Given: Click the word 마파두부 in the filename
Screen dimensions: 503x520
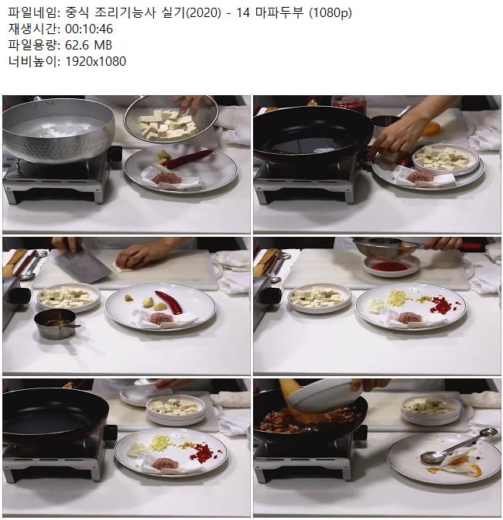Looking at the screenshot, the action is [x=279, y=12].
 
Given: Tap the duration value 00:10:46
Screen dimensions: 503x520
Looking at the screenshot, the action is [x=89, y=29].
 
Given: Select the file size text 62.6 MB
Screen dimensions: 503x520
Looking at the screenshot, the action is [x=88, y=45].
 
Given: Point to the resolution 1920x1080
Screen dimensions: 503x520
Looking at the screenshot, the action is [x=95, y=61].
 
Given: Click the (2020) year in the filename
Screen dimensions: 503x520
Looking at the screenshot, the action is [x=203, y=12].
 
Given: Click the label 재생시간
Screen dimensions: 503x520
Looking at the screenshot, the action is [x=32, y=29].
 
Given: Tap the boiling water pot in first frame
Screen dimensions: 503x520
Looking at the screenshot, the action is [x=58, y=130].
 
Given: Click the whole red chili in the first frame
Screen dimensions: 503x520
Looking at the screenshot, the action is [x=188, y=158].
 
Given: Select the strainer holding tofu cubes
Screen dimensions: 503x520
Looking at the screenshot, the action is [x=171, y=120].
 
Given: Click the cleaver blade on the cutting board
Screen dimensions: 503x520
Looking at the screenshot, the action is [x=84, y=265].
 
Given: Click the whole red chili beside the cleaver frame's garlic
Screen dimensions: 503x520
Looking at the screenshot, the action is [x=169, y=302].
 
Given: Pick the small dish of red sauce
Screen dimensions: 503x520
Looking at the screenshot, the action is [x=392, y=265].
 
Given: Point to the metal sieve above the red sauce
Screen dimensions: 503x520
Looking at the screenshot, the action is [x=387, y=247].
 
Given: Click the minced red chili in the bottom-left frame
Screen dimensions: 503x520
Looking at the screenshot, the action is [x=202, y=452].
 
